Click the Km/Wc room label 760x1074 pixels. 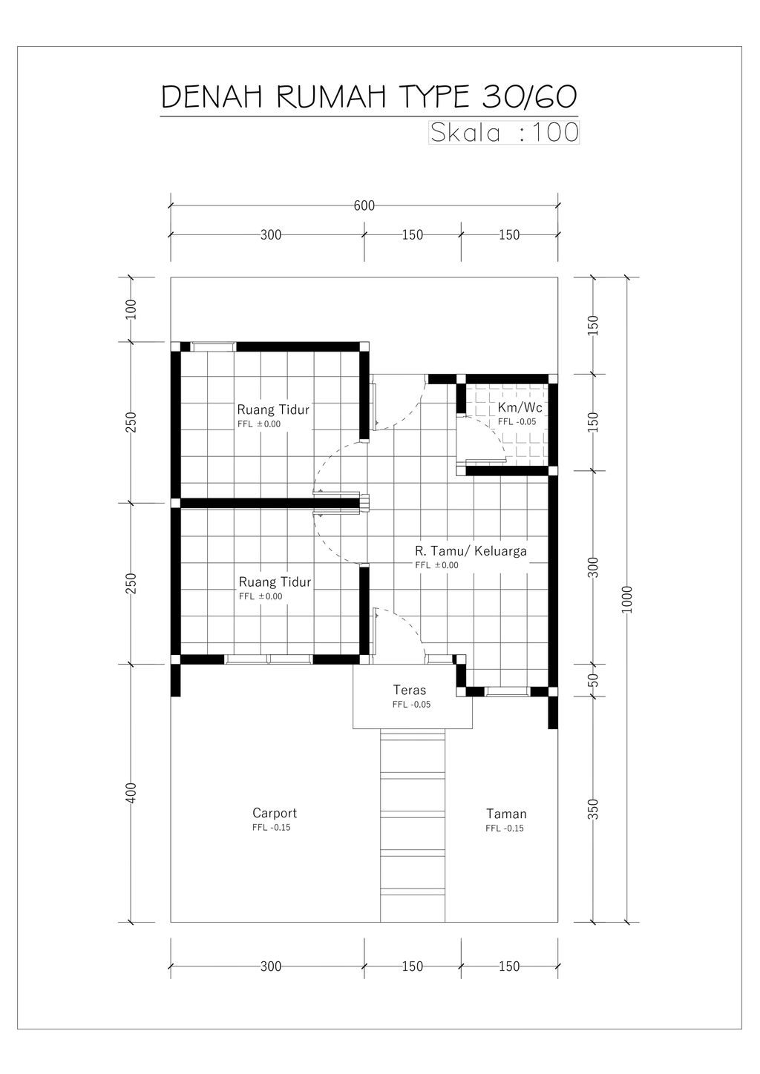pyautogui.click(x=520, y=407)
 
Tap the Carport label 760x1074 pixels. pyautogui.click(x=275, y=813)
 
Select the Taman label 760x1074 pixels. pyautogui.click(x=506, y=814)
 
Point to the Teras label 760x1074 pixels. pyautogui.click(x=409, y=690)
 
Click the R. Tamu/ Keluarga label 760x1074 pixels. pyautogui.click(x=471, y=551)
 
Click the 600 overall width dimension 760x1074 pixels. pyautogui.click(x=364, y=205)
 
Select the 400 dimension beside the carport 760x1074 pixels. pyautogui.click(x=131, y=793)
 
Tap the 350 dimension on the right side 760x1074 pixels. pyautogui.click(x=593, y=809)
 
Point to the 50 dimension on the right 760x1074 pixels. pyautogui.click(x=593, y=680)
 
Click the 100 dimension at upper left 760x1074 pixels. pyautogui.click(x=131, y=310)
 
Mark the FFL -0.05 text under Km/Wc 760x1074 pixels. pyautogui.click(x=517, y=422)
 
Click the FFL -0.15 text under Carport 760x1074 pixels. pyautogui.click(x=271, y=828)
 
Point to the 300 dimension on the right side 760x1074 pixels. pyautogui.click(x=593, y=567)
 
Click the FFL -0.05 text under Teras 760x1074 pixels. pyautogui.click(x=411, y=705)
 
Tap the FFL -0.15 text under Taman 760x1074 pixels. pyautogui.click(x=505, y=828)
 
